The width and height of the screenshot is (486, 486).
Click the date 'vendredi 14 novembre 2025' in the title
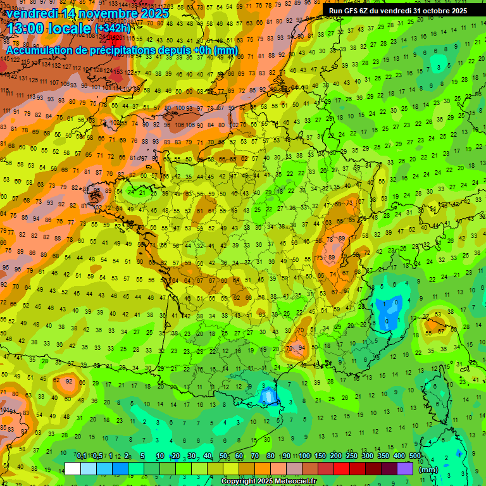87,13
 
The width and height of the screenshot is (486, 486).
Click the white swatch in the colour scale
73,468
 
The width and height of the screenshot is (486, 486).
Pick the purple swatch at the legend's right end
405,468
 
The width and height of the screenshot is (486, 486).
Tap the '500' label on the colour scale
415,456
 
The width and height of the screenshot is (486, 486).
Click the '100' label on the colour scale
304,456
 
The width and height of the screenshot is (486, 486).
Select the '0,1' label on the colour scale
82,456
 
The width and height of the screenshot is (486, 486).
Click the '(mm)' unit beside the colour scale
428,470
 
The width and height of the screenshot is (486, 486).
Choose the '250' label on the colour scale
352,456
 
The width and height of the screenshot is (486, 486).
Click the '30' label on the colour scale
191,456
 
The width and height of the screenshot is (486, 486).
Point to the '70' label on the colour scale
254,456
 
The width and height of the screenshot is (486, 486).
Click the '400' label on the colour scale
399,456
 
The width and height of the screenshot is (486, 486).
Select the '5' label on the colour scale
143,456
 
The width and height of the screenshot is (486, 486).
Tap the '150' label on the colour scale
320,456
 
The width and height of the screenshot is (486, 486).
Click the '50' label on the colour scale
223,456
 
